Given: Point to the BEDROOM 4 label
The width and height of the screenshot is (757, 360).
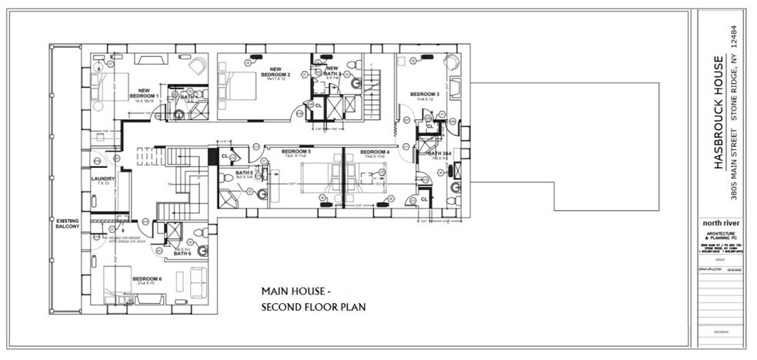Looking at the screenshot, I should [x=374, y=152].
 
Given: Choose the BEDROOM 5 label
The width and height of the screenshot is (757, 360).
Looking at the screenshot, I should [x=295, y=152].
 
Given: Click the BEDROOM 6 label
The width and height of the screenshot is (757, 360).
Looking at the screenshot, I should [x=146, y=278].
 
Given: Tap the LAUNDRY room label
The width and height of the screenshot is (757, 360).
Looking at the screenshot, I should [x=102, y=181].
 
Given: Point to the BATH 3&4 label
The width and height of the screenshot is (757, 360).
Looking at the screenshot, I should [x=440, y=155].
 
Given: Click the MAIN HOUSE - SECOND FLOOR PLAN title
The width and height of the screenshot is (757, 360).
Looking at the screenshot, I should [x=312, y=300].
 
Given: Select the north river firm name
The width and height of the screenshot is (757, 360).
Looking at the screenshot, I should [x=721, y=223].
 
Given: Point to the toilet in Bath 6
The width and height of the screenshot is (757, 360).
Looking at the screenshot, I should [x=198, y=232].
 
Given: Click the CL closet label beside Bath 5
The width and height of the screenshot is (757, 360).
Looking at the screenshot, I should [x=225, y=156].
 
